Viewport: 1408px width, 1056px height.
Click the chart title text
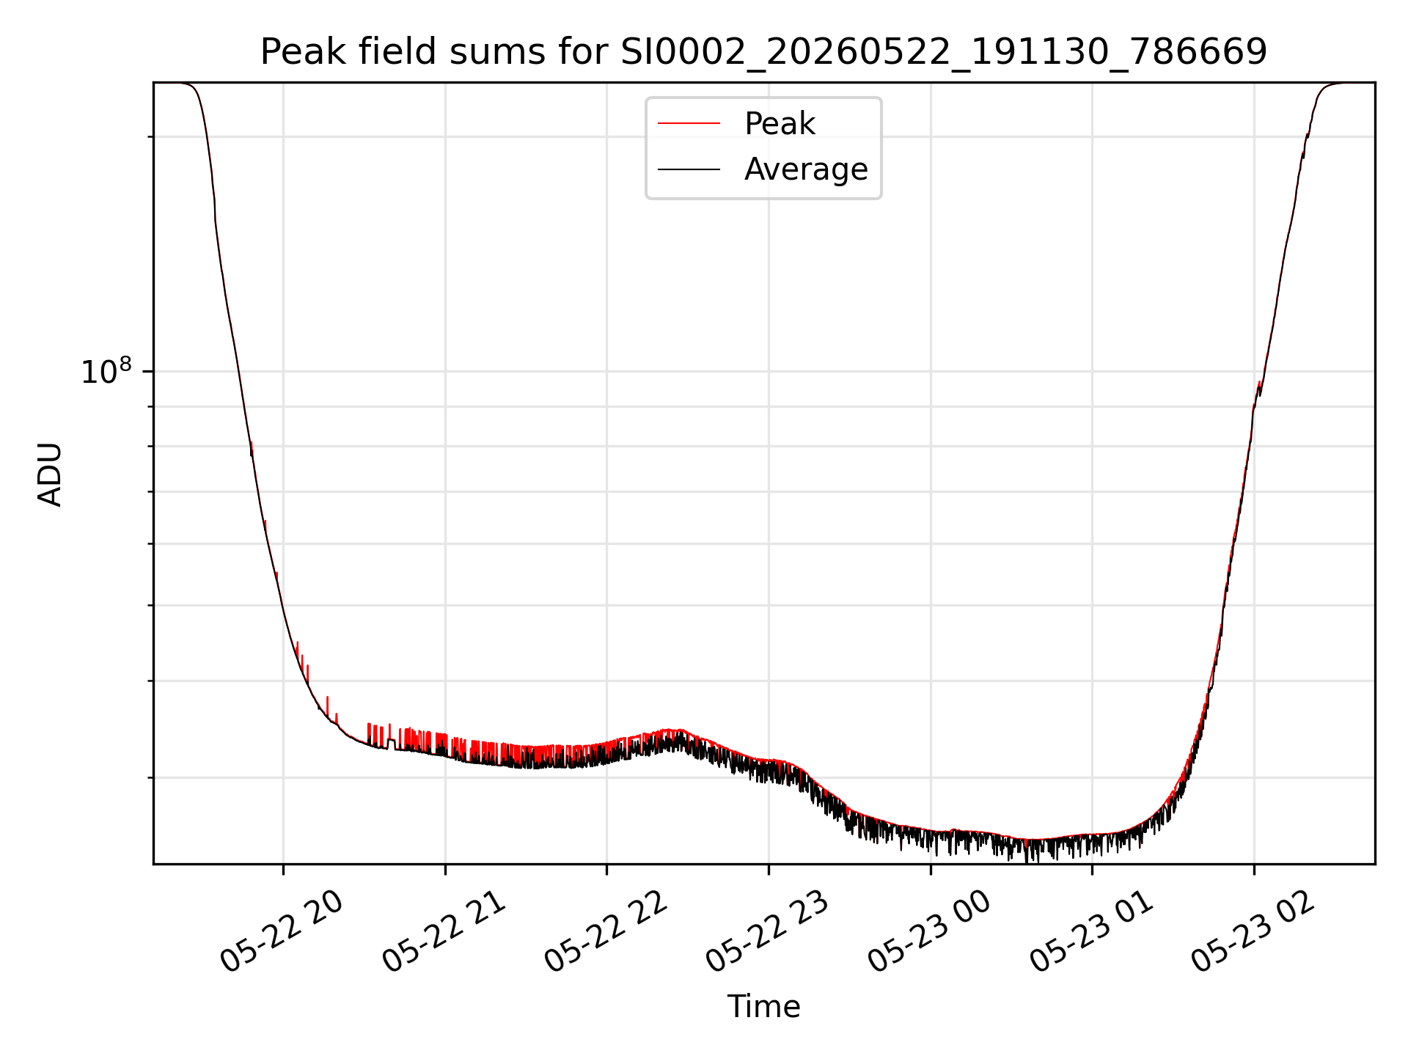click(x=763, y=52)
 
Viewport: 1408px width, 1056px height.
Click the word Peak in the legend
click(x=780, y=124)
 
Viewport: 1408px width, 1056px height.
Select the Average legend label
click(x=806, y=169)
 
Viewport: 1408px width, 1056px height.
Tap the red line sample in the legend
click(x=689, y=124)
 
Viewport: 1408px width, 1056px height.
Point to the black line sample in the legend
click(x=689, y=169)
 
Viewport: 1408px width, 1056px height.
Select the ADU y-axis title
click(x=50, y=474)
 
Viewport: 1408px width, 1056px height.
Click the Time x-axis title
click(x=763, y=1006)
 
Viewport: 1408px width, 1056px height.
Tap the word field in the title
click(x=399, y=52)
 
